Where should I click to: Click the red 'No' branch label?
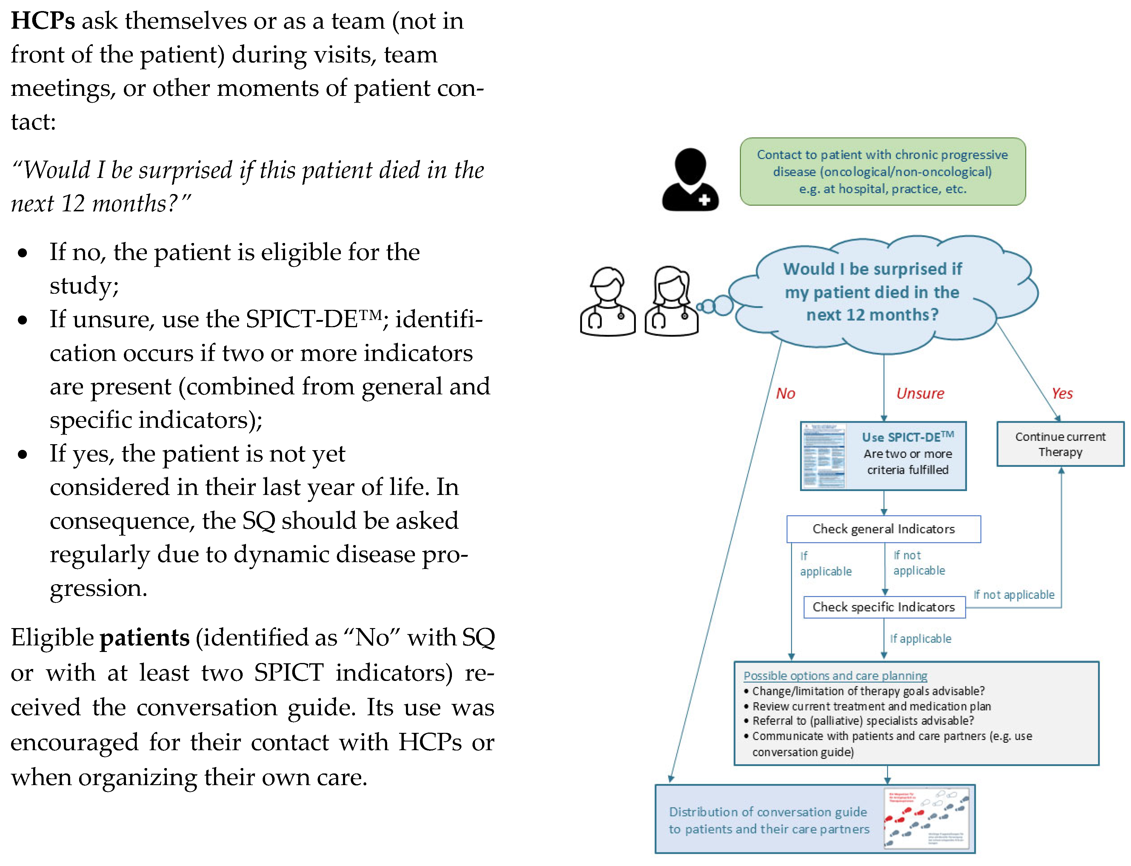click(x=785, y=394)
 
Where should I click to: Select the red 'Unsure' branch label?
click(x=920, y=394)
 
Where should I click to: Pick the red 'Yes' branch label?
click(x=1062, y=394)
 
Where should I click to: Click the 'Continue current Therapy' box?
click(x=1060, y=444)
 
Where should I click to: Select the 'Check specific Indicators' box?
click(x=884, y=607)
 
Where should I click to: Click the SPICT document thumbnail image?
click(x=824, y=456)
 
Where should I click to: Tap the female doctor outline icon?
click(x=671, y=302)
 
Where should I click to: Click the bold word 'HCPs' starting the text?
click(x=43, y=21)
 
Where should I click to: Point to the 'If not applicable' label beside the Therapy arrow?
click(x=1013, y=595)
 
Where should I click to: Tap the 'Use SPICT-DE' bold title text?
click(x=907, y=437)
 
